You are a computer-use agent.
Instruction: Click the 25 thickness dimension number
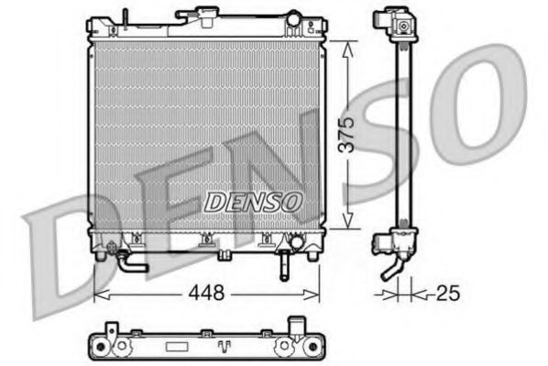pos(448,294)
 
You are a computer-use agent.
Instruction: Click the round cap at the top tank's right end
pos(292,18)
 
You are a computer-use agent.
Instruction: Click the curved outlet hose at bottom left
pos(126,263)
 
